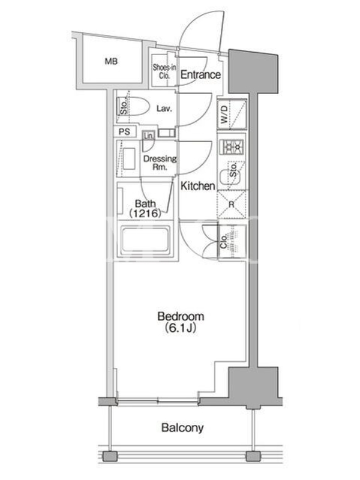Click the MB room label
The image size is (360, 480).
point(111,62)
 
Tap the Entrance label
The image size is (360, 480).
point(200,74)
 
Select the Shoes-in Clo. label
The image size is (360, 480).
point(164,71)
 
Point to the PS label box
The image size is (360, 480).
point(124,131)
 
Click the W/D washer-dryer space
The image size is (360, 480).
point(232,114)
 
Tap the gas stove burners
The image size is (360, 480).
point(232,148)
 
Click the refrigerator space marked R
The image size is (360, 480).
point(232,205)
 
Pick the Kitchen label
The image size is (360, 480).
point(198,186)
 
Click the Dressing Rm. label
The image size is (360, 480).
point(160,163)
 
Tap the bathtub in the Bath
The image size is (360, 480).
point(145,240)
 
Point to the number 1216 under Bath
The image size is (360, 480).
point(145,213)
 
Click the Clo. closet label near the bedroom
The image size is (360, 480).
point(224,241)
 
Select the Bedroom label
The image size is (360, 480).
point(181,316)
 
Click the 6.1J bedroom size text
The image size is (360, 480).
point(181,328)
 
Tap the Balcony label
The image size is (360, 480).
point(182,428)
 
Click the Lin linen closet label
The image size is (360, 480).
point(149,136)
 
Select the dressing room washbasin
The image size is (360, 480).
point(129,158)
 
